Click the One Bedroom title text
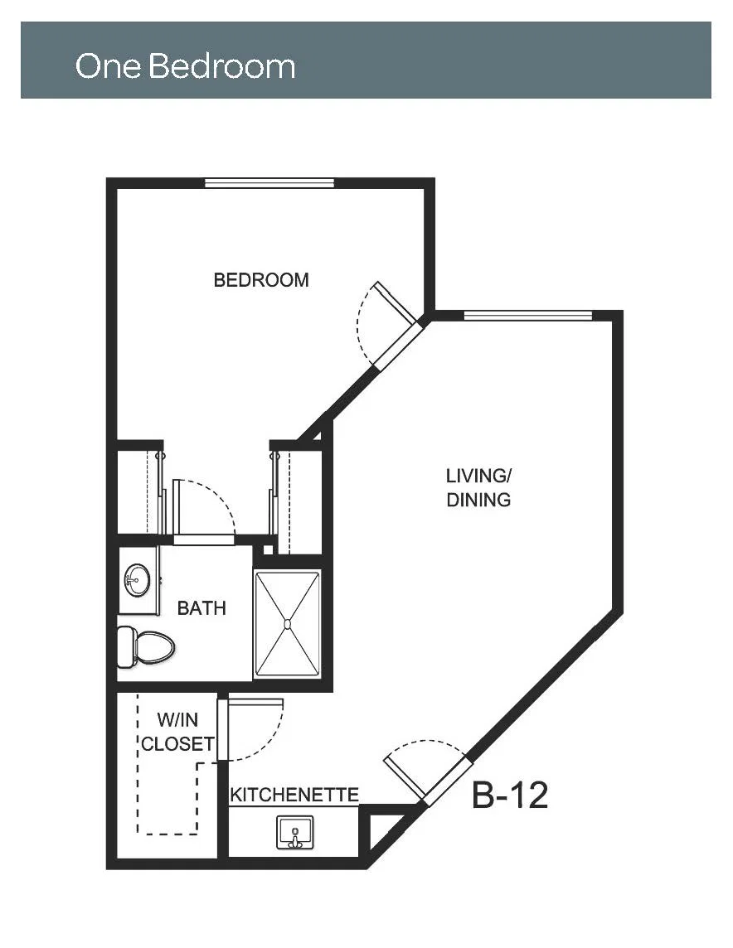pos(185,65)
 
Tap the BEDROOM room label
pos(261,280)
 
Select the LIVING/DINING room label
pos(478,487)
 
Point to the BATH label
pos(201,607)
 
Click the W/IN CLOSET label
pos(177,732)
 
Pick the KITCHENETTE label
pos(294,795)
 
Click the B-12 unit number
pos(510,795)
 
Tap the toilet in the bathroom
pos(145,647)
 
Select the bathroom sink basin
pos(138,580)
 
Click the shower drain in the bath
pos(288,623)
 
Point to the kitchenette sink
pos(295,833)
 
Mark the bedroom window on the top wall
pos(269,183)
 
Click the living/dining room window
pos(528,315)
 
